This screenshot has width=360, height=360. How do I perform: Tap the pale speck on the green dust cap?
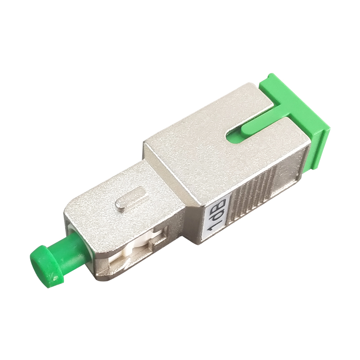click(x=55, y=279)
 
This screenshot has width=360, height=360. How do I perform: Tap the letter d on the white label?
click(x=217, y=215)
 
